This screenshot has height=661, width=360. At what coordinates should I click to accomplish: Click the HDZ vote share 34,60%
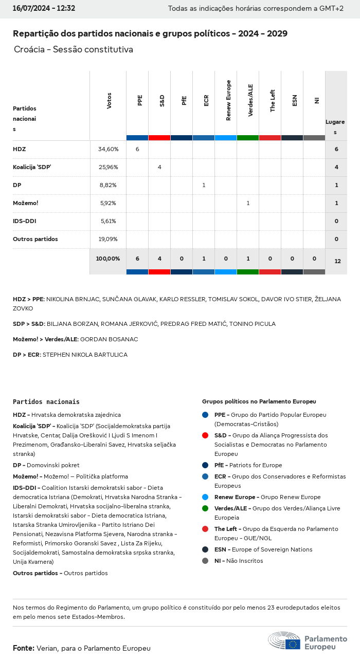[x=108, y=149]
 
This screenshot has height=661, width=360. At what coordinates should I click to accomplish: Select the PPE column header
[x=140, y=100]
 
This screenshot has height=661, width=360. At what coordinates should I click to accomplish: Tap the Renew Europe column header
[x=228, y=100]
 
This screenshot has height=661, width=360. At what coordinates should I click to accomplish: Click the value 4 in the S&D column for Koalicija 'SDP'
[x=159, y=167]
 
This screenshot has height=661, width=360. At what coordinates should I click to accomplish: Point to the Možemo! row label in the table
[x=26, y=203]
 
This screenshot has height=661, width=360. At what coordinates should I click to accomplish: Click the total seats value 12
[x=337, y=261]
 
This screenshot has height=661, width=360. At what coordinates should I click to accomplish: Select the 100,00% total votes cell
[x=108, y=259]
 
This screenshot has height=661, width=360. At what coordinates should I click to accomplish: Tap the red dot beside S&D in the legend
[x=205, y=435]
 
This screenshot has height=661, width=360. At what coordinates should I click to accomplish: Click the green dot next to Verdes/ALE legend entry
[x=205, y=508]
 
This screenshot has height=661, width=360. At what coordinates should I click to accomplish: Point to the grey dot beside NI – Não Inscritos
[x=205, y=561]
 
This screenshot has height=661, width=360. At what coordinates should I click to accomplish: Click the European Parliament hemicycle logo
[x=284, y=640]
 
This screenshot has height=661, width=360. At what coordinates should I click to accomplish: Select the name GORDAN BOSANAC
[x=109, y=339]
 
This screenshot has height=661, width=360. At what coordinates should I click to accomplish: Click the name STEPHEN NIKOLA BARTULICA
[x=85, y=355]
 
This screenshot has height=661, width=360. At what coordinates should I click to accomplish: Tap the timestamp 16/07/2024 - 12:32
[x=44, y=8]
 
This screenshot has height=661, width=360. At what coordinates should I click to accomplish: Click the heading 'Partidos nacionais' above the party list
[x=46, y=401]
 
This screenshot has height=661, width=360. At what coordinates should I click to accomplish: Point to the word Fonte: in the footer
[x=24, y=648]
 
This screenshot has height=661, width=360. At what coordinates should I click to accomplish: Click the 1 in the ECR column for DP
[x=204, y=185]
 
